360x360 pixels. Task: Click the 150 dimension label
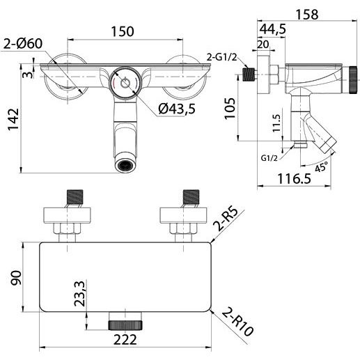pos(123,31)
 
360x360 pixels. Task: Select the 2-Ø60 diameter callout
pos(23,43)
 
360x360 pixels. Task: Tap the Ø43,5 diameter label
pos(177,109)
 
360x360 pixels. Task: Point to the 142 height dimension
pos(13,119)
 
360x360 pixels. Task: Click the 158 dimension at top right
pos(307,15)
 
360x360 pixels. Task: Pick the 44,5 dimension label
pos(272,29)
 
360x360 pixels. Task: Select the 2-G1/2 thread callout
pos(222,57)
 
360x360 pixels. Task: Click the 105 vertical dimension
pos(230,108)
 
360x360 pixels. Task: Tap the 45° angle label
pos(322,166)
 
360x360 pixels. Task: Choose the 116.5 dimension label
pos(295,179)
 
